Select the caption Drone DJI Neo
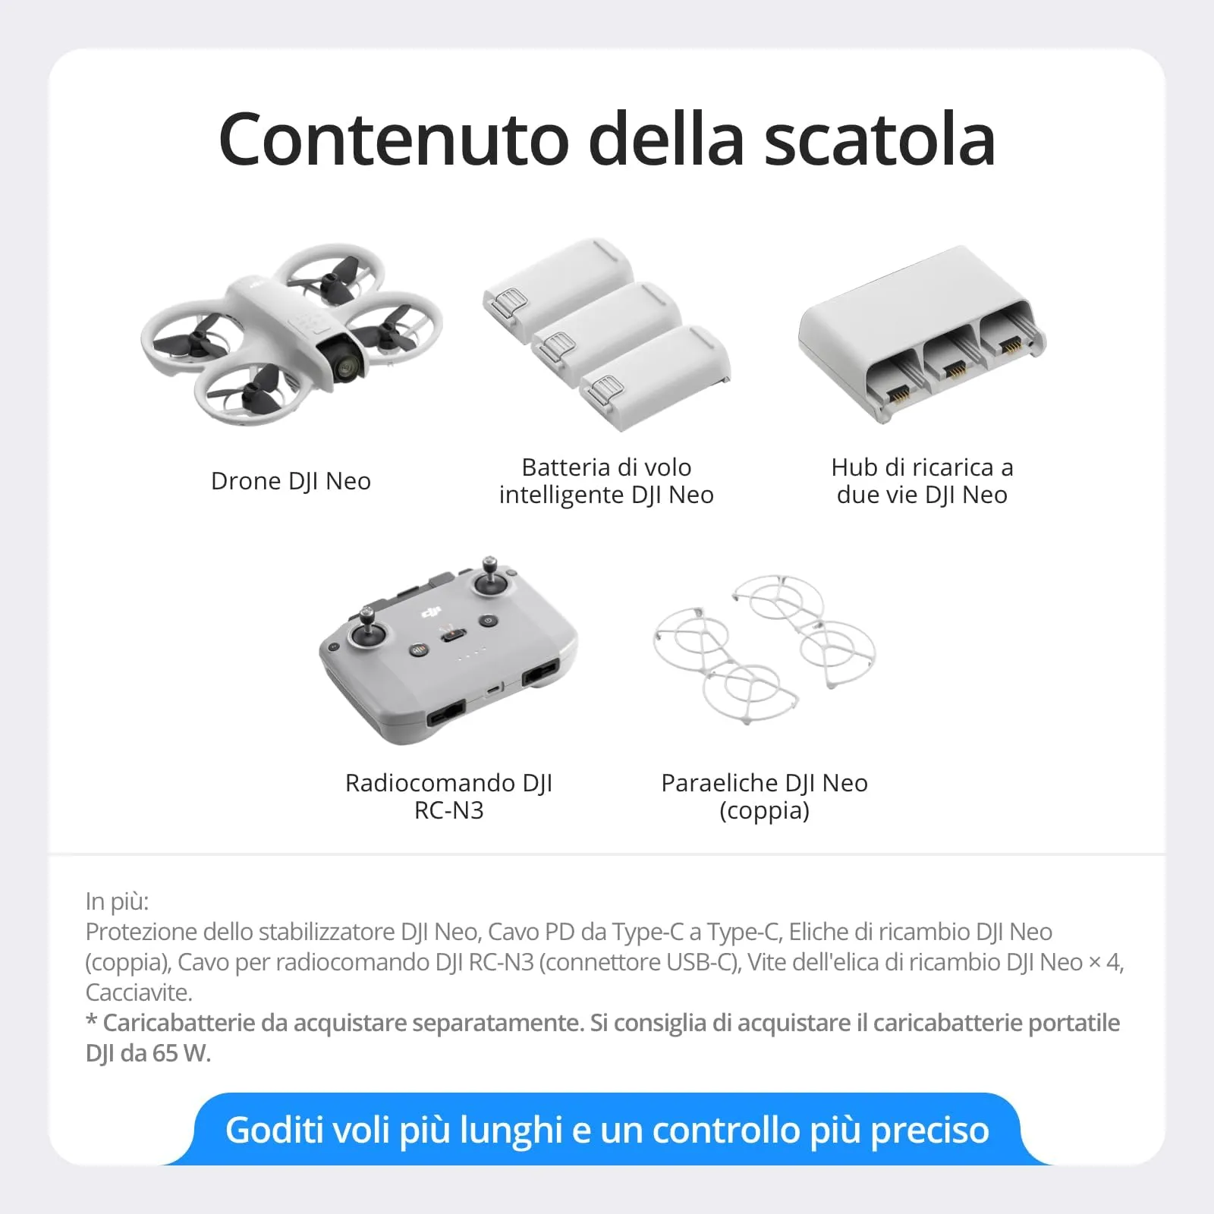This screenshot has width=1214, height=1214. click(291, 481)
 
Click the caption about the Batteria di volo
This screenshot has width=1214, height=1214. click(606, 481)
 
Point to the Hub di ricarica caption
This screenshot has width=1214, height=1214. click(922, 481)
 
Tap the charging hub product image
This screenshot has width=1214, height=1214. click(921, 334)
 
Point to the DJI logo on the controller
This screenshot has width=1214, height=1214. click(431, 612)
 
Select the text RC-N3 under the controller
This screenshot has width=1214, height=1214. click(448, 811)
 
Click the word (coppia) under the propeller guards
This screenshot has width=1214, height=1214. click(764, 811)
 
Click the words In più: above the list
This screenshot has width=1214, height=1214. click(117, 901)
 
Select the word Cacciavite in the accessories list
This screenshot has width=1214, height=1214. click(137, 992)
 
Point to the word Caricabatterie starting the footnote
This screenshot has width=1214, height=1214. click(179, 1023)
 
